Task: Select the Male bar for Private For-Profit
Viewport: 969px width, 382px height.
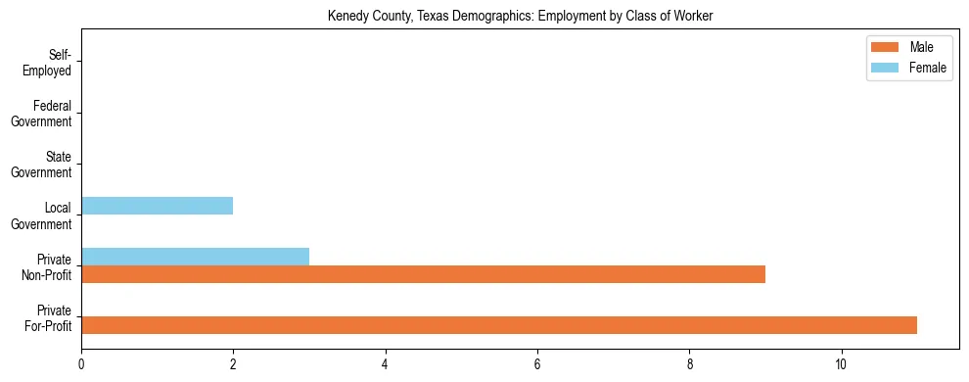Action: coord(499,325)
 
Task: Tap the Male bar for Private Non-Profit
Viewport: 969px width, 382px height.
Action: coord(423,274)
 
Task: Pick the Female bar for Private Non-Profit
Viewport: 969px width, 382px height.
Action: coord(195,257)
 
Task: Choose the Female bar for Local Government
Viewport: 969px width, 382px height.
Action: coord(157,206)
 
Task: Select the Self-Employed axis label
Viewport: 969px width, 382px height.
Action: coord(53,63)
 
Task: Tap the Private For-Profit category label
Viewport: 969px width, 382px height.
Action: coord(48,317)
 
